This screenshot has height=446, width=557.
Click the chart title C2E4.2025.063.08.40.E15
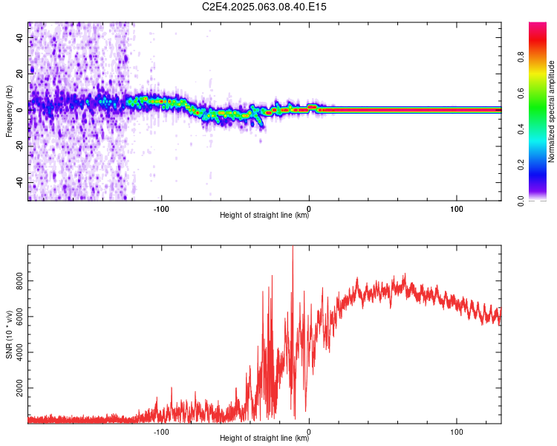[264, 7]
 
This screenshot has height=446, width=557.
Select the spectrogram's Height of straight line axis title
[264, 216]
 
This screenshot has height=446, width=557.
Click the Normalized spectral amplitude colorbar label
[552, 111]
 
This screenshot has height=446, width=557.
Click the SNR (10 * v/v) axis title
[9, 334]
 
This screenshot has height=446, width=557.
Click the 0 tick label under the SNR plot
[309, 430]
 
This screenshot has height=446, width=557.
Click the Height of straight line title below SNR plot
[264, 439]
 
